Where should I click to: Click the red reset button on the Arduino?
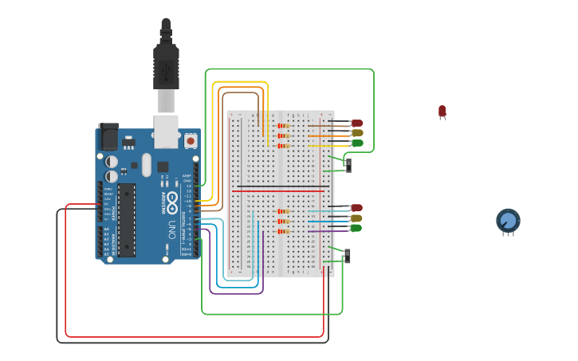coord(190,141)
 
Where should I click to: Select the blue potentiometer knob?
coord(508,221)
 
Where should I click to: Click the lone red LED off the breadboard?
coord(442,112)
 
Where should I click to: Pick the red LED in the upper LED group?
coord(357,124)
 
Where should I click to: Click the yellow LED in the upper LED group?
coord(357,133)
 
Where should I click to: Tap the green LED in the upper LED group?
coord(357,143)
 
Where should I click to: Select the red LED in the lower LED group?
coord(356,208)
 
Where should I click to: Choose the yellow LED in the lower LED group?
coord(356,218)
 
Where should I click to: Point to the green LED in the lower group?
coord(356,228)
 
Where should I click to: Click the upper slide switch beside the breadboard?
coord(348,165)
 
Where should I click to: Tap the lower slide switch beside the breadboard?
coord(348,256)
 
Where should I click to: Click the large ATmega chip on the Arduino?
coord(126,220)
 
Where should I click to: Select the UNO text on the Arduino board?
coord(171,230)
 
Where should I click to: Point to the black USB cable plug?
coord(166,64)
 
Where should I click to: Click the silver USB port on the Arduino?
coord(166,131)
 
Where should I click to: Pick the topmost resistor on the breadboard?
coord(281,125)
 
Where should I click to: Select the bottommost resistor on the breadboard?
coord(282,231)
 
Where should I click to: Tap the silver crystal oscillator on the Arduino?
coord(147,165)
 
